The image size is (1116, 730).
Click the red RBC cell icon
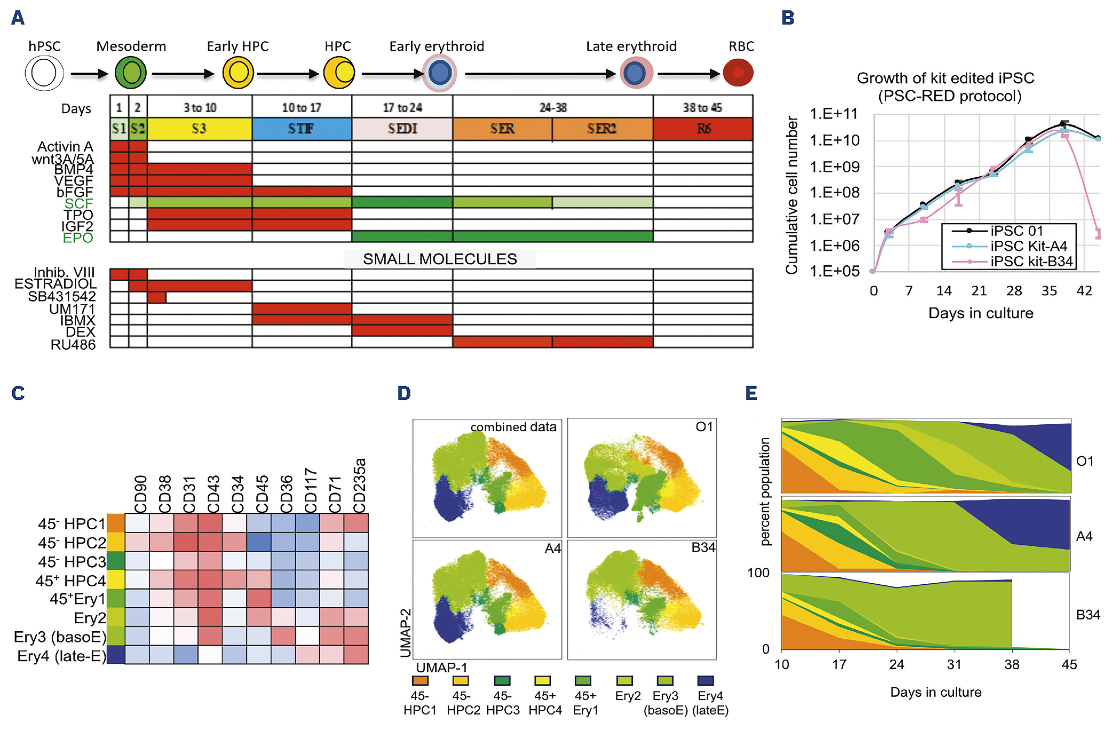click(738, 73)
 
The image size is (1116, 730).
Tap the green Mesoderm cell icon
click(131, 73)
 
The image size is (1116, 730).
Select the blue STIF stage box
click(302, 129)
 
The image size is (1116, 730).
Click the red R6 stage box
click(703, 129)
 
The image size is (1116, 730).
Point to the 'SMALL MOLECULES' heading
click(440, 259)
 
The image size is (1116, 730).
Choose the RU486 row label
click(73, 345)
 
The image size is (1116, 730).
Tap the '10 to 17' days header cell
click(302, 107)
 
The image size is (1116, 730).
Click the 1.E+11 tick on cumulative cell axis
click(834, 114)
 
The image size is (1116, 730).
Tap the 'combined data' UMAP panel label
click(513, 427)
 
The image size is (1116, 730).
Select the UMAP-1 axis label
click(442, 667)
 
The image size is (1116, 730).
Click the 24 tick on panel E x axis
click(897, 664)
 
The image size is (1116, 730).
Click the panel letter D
click(404, 393)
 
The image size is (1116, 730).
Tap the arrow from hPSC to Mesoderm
click(89, 74)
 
